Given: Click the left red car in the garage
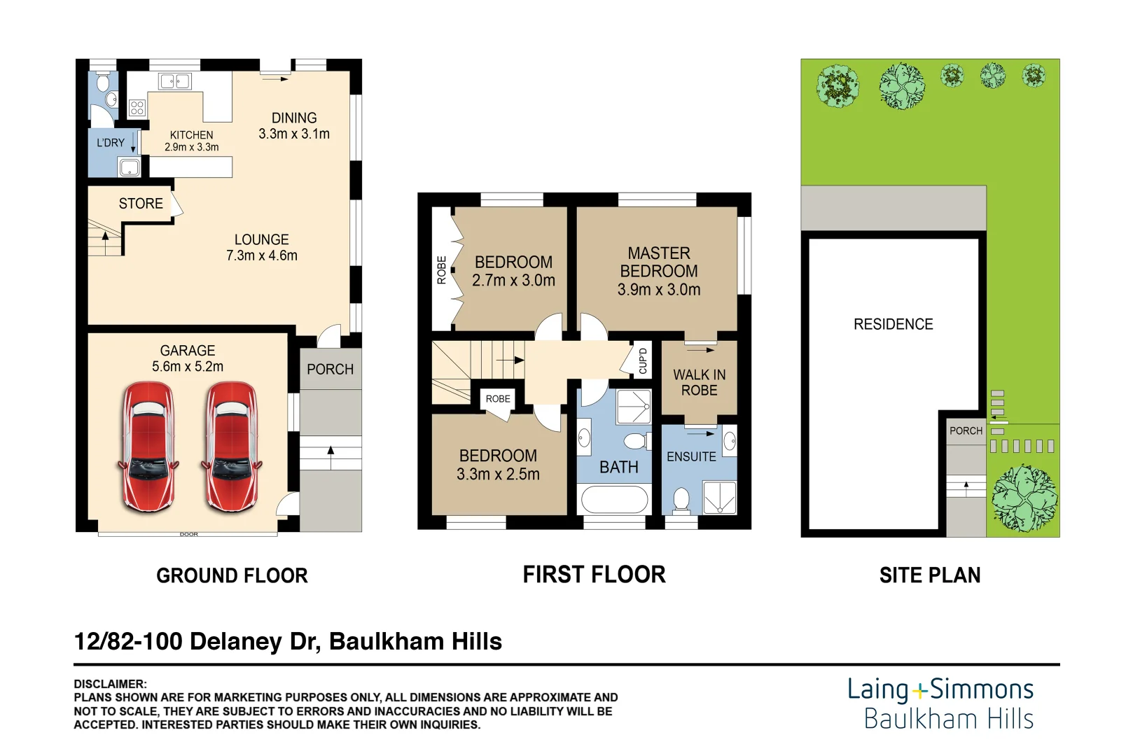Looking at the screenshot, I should pyautogui.click(x=148, y=447).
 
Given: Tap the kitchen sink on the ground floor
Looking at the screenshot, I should pyautogui.click(x=175, y=82).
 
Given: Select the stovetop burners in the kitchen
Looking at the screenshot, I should pyautogui.click(x=137, y=108).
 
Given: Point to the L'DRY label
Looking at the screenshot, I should pyautogui.click(x=111, y=143).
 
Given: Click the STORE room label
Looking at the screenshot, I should pyautogui.click(x=141, y=204).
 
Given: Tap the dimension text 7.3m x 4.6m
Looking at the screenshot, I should pyautogui.click(x=262, y=256).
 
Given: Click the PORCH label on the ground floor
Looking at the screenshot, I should pyautogui.click(x=330, y=370).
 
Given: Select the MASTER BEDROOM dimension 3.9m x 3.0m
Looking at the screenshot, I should pyautogui.click(x=658, y=290).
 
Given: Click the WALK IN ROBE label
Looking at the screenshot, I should pyautogui.click(x=699, y=383).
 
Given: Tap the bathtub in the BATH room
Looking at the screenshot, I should pyautogui.click(x=614, y=500).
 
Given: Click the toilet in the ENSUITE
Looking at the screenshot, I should pyautogui.click(x=681, y=500).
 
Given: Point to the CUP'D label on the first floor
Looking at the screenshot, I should pyautogui.click(x=643, y=361).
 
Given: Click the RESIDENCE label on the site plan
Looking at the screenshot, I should pyautogui.click(x=893, y=325).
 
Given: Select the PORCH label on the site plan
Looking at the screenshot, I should pyautogui.click(x=966, y=431).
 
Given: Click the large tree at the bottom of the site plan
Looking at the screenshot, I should pyautogui.click(x=1024, y=499).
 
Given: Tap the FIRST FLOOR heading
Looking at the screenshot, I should pyautogui.click(x=594, y=575).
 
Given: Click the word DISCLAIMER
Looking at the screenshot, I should pyautogui.click(x=110, y=684).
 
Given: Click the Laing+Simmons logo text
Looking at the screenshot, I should pyautogui.click(x=940, y=690).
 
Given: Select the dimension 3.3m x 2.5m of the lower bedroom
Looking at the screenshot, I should pyautogui.click(x=498, y=475).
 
